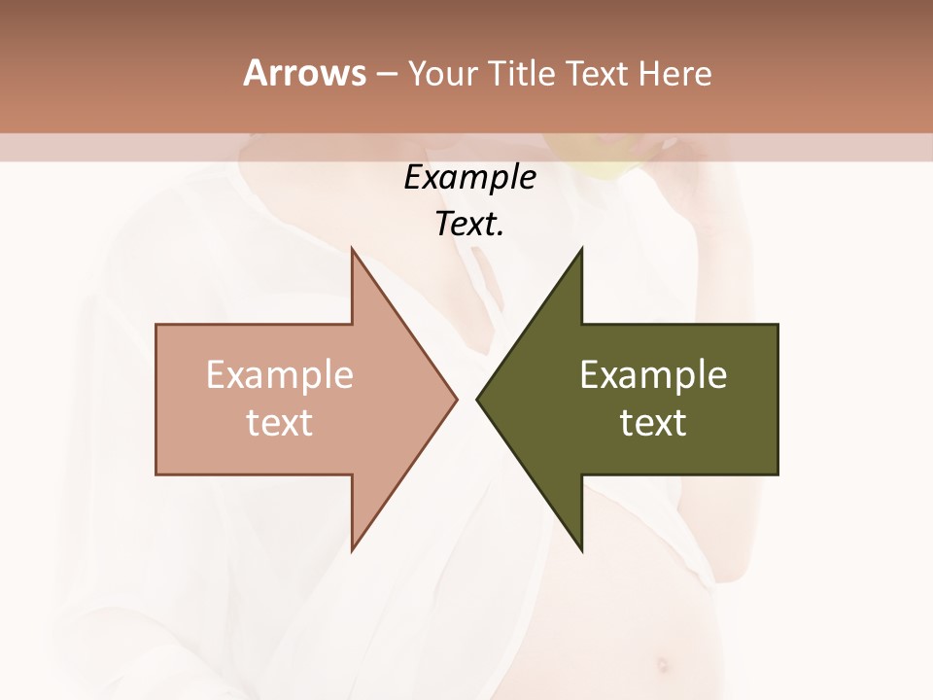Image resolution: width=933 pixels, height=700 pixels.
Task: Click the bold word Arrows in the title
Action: click(x=304, y=73)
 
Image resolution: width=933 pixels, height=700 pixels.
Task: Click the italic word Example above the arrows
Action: click(x=469, y=178)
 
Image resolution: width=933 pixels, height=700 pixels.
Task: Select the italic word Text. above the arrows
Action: click(x=469, y=225)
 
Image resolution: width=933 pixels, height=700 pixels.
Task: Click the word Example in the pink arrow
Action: click(x=280, y=375)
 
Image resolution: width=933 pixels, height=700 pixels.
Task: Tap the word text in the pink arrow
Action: click(x=280, y=423)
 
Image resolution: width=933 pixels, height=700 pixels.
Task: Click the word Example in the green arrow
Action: click(x=653, y=375)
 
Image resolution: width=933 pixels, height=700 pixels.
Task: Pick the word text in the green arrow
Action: click(x=653, y=423)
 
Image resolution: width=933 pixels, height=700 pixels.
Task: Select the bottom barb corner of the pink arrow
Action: click(x=353, y=548)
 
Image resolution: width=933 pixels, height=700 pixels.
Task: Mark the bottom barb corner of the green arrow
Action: click(x=580, y=548)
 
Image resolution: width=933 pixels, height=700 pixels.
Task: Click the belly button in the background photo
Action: click(x=662, y=666)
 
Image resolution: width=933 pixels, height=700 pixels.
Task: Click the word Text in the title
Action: click(x=597, y=74)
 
